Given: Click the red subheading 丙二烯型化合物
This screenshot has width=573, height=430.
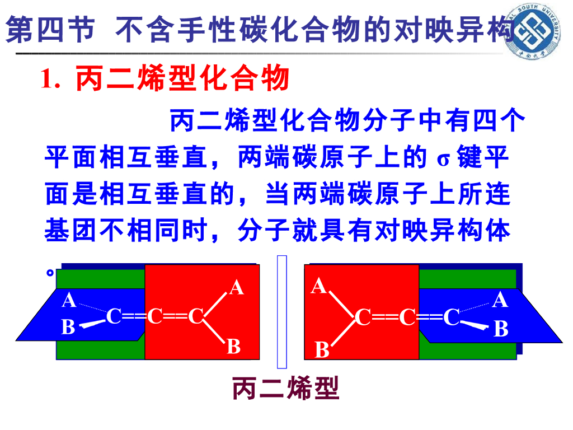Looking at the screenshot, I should pos(182,80).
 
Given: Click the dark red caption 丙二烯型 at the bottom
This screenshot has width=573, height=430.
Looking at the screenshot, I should pos(286,388).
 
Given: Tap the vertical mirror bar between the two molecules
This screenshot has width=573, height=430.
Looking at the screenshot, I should pos(282,311).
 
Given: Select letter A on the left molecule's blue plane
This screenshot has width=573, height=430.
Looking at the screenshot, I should pos(69,301).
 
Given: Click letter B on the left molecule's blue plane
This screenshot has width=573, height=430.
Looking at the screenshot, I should pos(68,326).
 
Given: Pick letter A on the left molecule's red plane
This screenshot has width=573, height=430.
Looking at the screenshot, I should pos(237,287).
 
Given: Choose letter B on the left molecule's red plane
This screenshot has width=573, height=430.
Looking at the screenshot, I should pos(233,347).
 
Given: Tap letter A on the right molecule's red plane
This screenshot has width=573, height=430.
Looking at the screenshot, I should pos(319,287).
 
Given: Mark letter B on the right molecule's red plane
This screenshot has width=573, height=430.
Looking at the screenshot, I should pos(322,350).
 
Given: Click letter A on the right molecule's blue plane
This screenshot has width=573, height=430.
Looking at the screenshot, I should pos(500,300).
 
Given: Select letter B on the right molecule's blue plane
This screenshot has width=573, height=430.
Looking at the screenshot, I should pos(501,329).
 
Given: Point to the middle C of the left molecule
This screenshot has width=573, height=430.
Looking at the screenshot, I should pos(155,317).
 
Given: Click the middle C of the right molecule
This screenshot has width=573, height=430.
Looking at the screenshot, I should pos(407,317).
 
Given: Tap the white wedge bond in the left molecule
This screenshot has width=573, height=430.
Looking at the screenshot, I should pos(90,324).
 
